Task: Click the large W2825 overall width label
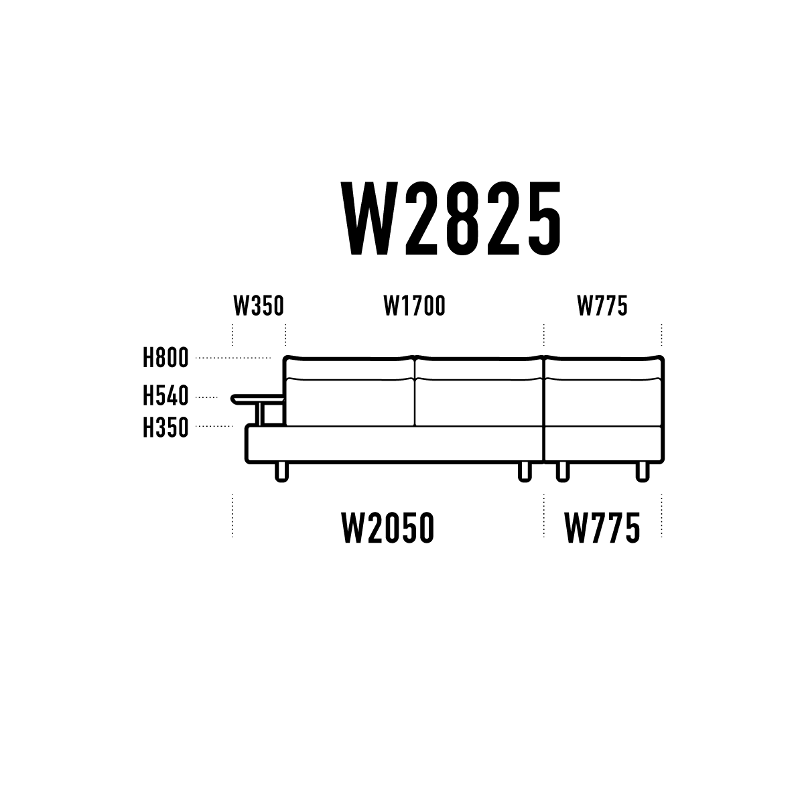click(452, 218)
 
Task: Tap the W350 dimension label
click(259, 306)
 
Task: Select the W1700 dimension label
click(415, 306)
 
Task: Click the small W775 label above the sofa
click(602, 306)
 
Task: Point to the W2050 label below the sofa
click(388, 528)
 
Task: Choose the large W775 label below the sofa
click(602, 528)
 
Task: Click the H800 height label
click(165, 358)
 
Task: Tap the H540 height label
click(165, 395)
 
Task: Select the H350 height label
click(165, 427)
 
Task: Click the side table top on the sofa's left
click(257, 399)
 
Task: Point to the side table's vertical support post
click(261, 414)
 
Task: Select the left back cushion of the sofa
click(350, 402)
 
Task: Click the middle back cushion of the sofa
click(479, 402)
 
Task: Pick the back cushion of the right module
click(604, 402)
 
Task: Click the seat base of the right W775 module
click(604, 444)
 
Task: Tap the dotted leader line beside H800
click(233, 358)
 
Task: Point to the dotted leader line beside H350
click(214, 426)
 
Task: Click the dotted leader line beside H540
click(206, 397)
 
